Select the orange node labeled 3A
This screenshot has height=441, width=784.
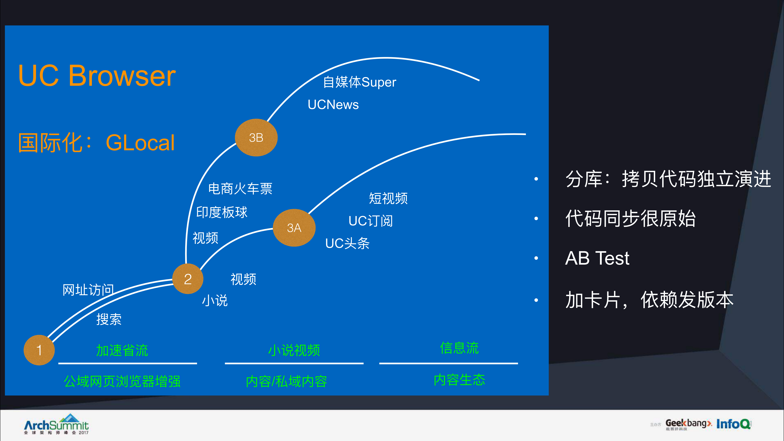pyautogui.click(x=294, y=228)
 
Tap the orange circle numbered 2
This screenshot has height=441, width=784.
pyautogui.click(x=188, y=279)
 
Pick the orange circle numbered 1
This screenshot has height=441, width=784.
pyautogui.click(x=39, y=350)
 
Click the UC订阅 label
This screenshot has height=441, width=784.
pyautogui.click(x=370, y=221)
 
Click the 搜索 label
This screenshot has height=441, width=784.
pyautogui.click(x=109, y=319)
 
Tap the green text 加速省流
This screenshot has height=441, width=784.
pyautogui.click(x=122, y=350)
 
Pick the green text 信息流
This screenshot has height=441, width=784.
pyautogui.click(x=459, y=348)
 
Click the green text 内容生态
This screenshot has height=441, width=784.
pyautogui.click(x=459, y=380)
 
